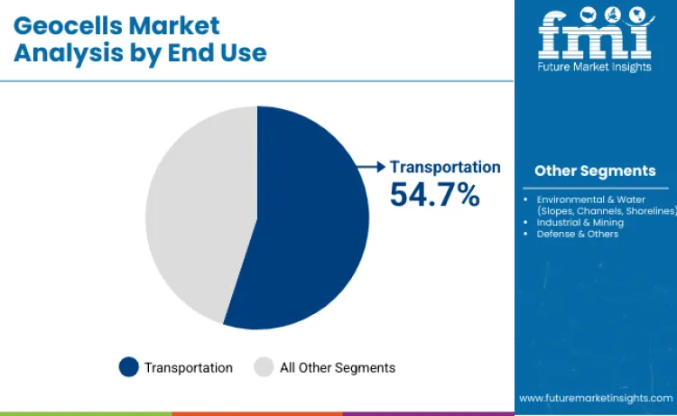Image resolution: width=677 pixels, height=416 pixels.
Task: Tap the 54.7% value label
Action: [434, 194]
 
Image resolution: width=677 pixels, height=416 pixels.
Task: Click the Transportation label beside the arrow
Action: [445, 167]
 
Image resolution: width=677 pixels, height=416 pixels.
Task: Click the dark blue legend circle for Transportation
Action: [129, 367]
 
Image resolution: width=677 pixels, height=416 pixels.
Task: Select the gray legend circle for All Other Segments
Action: [264, 367]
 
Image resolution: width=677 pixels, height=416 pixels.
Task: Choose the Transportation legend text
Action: [189, 367]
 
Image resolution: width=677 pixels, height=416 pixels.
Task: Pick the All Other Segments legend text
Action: [337, 367]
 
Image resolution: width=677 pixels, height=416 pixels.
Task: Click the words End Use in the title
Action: [217, 52]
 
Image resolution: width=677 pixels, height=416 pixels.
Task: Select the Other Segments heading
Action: [595, 171]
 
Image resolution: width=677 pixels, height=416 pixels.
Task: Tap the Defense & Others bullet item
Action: [578, 234]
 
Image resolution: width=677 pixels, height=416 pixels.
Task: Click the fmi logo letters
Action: [595, 34]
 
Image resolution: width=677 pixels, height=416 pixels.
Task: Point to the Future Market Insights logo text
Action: [595, 67]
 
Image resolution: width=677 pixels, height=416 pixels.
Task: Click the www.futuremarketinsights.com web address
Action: [596, 397]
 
